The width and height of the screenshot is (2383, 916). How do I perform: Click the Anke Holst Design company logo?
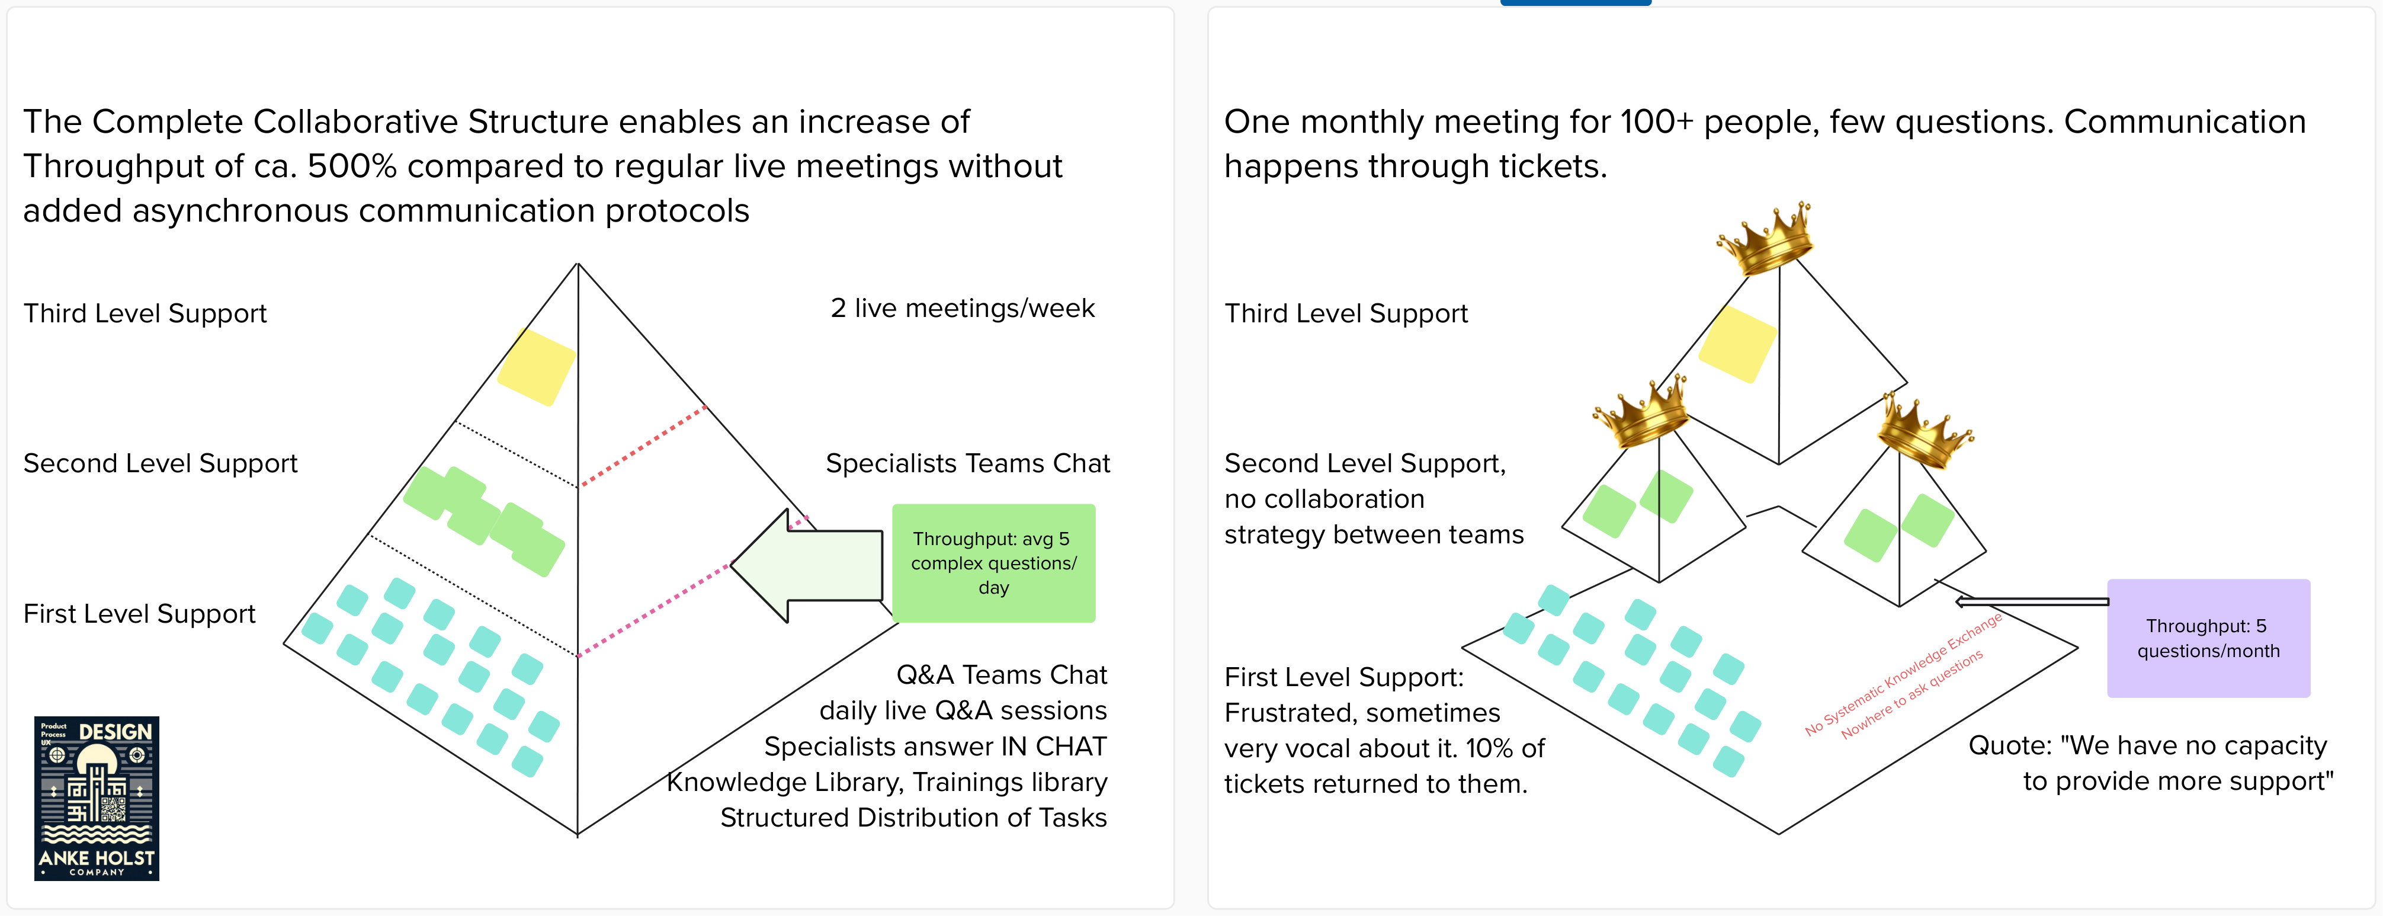coord(96,798)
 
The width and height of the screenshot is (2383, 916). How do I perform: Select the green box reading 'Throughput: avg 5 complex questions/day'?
coord(993,562)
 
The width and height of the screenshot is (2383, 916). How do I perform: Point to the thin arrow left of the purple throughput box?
coord(2031,601)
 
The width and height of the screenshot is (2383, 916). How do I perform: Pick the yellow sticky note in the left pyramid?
coord(537,367)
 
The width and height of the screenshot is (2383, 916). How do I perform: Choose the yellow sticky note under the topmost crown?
coord(1737,344)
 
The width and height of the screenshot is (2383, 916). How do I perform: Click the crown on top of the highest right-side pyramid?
coord(1767,237)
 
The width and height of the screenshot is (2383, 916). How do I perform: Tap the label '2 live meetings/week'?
coord(962,308)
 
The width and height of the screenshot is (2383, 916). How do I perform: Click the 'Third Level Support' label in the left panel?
coord(145,313)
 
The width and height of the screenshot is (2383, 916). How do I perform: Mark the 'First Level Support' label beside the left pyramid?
coord(139,613)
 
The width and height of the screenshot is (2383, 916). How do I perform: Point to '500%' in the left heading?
coord(351,166)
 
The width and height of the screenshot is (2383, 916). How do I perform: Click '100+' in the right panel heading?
coord(1656,122)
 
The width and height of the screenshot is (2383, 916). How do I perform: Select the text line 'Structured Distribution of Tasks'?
coord(913,818)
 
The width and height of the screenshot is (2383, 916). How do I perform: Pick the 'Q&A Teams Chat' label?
coord(1001,674)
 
